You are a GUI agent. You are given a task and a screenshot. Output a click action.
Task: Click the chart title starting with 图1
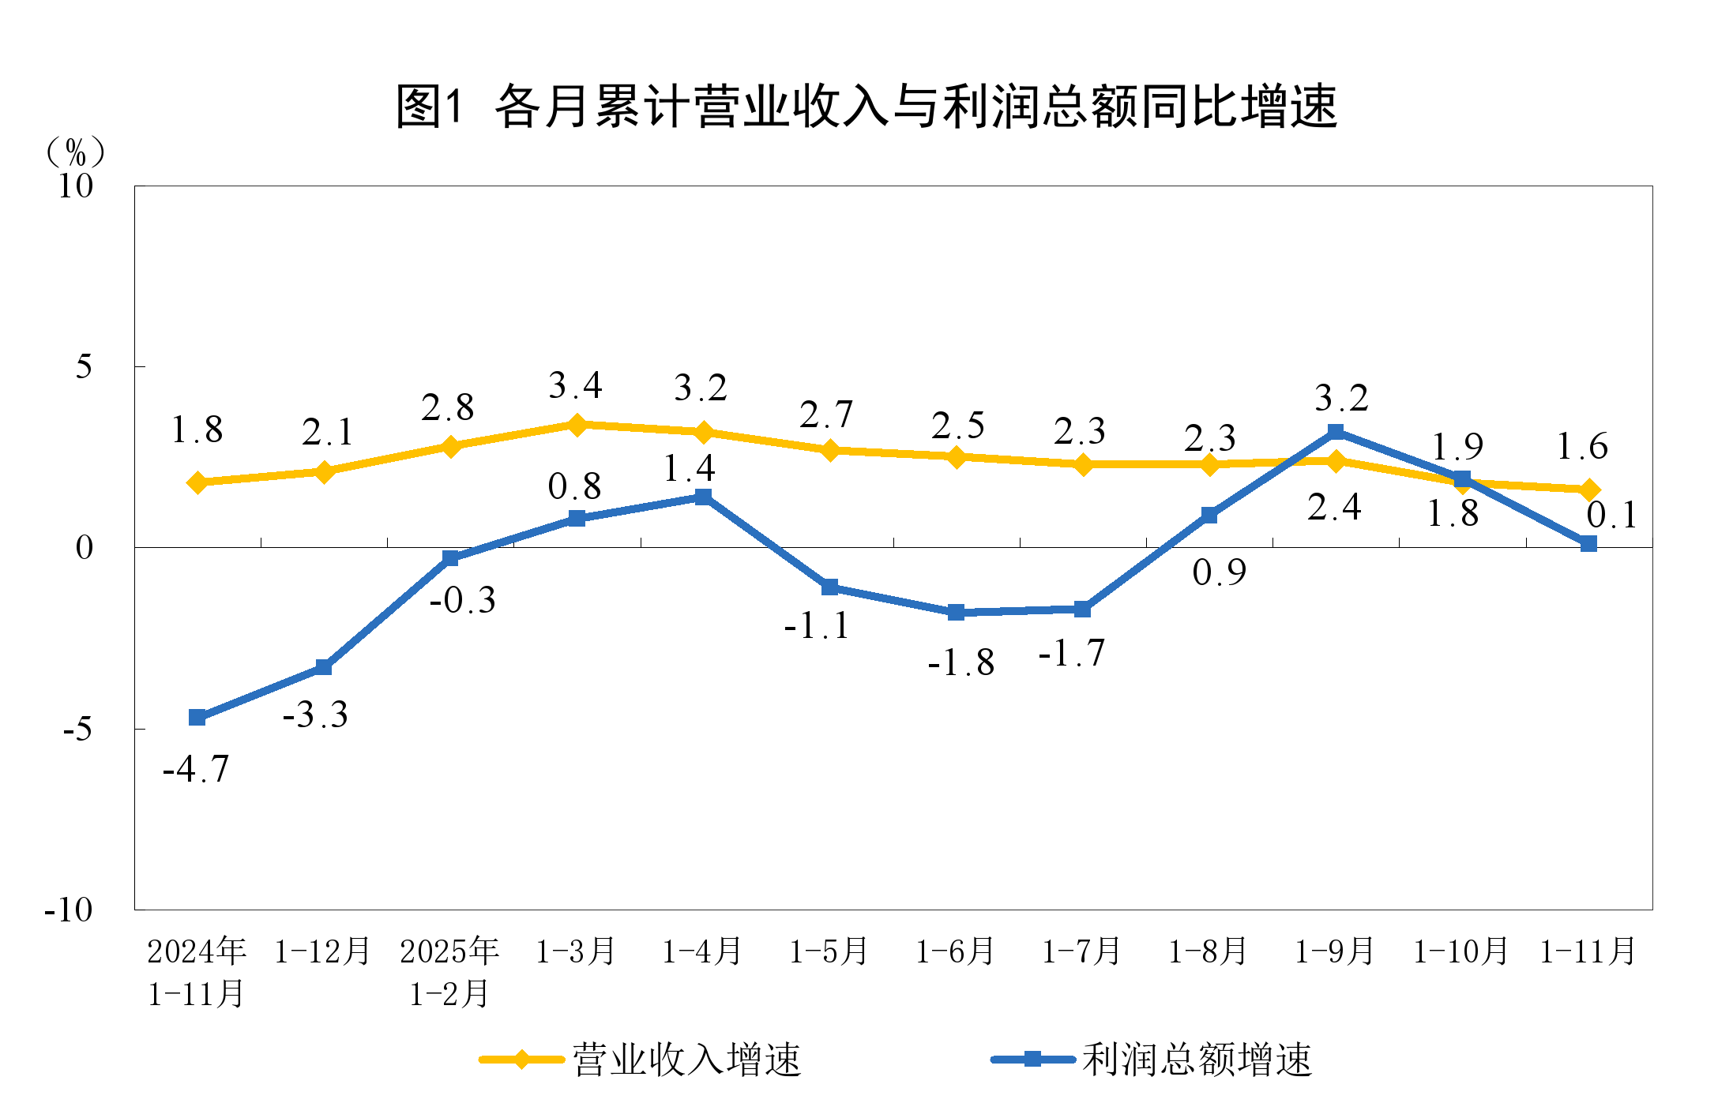pos(866,107)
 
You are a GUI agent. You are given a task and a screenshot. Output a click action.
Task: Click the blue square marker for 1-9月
pos(1336,432)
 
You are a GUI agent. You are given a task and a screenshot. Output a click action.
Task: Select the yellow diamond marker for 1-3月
pos(577,425)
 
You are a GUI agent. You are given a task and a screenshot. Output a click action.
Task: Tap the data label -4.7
pos(196,769)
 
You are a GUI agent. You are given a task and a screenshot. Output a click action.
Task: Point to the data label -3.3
pos(315,715)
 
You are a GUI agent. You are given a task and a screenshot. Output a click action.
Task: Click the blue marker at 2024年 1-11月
pos(197,717)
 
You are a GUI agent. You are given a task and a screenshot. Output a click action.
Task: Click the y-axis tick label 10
pos(76,186)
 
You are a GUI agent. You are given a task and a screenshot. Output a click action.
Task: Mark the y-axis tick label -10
pos(70,910)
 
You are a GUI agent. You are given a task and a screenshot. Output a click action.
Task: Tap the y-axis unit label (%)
pos(76,151)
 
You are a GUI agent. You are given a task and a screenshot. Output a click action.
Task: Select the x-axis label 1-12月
pos(323,951)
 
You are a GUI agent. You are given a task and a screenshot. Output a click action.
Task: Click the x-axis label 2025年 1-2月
pos(449,972)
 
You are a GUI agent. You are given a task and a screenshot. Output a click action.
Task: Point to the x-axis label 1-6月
pos(955,951)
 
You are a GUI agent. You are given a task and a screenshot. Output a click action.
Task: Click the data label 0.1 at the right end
pos(1612,516)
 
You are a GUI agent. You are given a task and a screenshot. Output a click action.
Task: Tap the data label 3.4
pos(575,386)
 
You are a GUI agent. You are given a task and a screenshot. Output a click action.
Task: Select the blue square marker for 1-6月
pos(956,612)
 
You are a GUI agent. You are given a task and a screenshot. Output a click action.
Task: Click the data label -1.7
pos(1071,654)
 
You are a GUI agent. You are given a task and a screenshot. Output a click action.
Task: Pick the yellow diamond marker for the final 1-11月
pos(1588,490)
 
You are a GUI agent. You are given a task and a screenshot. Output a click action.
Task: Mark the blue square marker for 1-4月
pos(703,497)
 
